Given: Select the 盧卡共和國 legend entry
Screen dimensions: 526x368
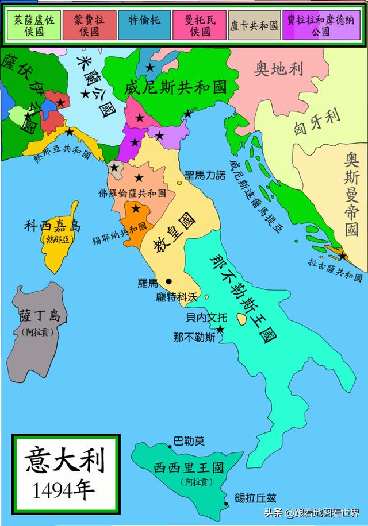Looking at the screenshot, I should tap(254, 26).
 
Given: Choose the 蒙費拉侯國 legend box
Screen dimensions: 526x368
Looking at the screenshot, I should tap(90, 25).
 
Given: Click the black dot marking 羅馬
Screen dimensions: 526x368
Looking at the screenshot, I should tap(169, 281).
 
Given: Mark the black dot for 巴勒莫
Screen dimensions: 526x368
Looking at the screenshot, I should tap(169, 446).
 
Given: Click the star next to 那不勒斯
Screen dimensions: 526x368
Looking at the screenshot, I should tap(219, 330).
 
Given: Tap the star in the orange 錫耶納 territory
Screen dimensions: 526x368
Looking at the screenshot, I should tap(136, 208).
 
